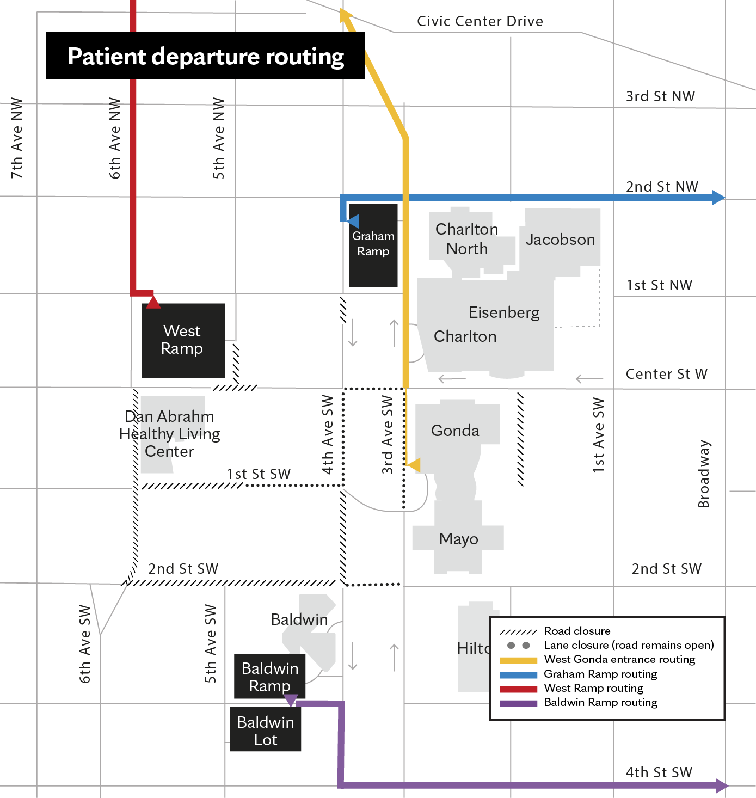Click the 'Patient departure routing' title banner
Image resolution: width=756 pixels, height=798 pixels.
(205, 56)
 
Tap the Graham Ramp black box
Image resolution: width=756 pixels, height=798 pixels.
(373, 244)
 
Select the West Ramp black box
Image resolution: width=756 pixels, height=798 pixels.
(183, 340)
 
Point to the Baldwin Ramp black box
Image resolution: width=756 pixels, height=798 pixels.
(269, 676)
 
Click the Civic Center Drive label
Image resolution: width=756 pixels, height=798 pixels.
(480, 21)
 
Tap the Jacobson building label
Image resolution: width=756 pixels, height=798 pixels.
(560, 240)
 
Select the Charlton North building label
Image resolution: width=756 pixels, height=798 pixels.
(466, 239)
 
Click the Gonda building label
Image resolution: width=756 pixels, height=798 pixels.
(455, 431)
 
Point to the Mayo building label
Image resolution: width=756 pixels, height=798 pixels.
(458, 539)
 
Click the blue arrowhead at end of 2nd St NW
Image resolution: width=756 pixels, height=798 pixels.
(718, 198)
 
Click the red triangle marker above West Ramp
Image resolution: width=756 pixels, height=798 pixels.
(153, 301)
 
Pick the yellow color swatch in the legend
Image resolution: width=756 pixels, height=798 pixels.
(518, 660)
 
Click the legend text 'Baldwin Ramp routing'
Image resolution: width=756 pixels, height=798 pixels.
(600, 702)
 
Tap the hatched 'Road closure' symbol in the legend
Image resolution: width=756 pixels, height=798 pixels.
(518, 631)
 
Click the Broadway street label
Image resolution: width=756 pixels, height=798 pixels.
(704, 474)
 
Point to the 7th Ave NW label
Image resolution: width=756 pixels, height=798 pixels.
(17, 138)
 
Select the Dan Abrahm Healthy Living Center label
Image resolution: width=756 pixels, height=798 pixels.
(170, 434)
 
